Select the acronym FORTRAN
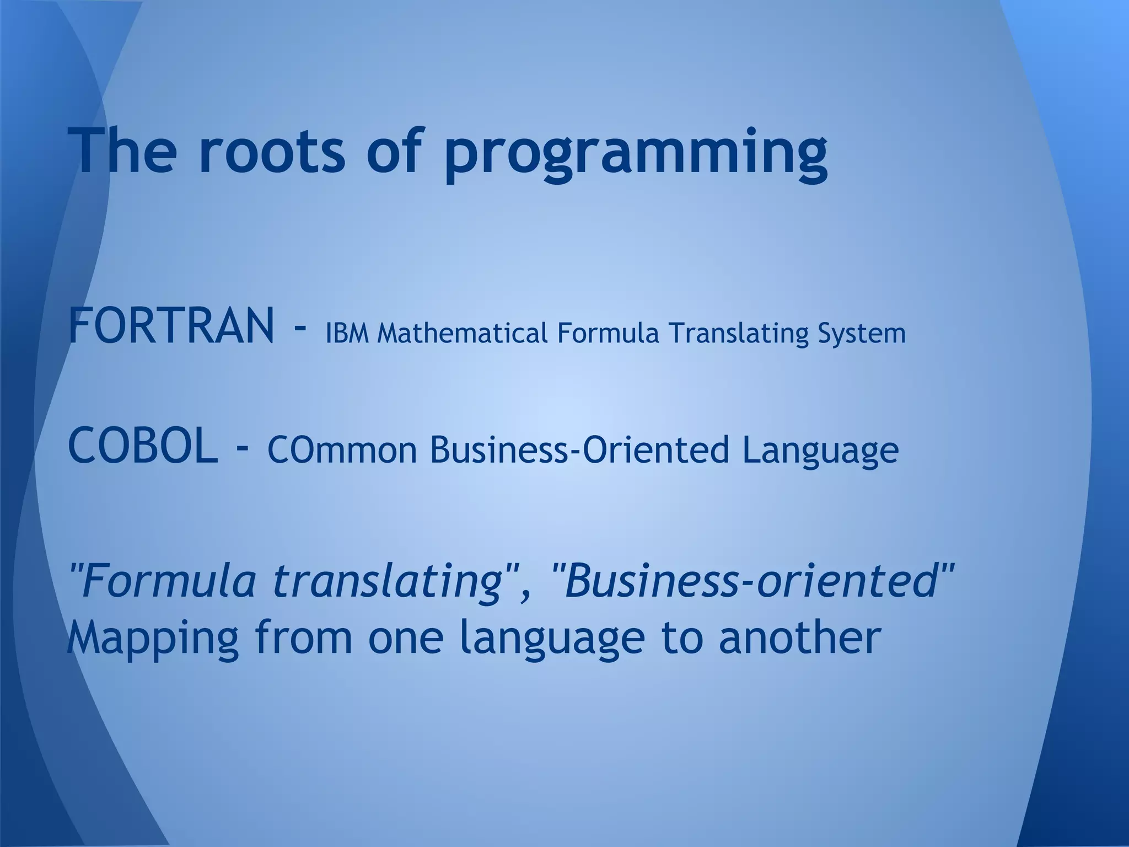point(171,326)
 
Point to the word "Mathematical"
point(463,334)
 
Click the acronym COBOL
point(143,447)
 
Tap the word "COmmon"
point(342,449)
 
